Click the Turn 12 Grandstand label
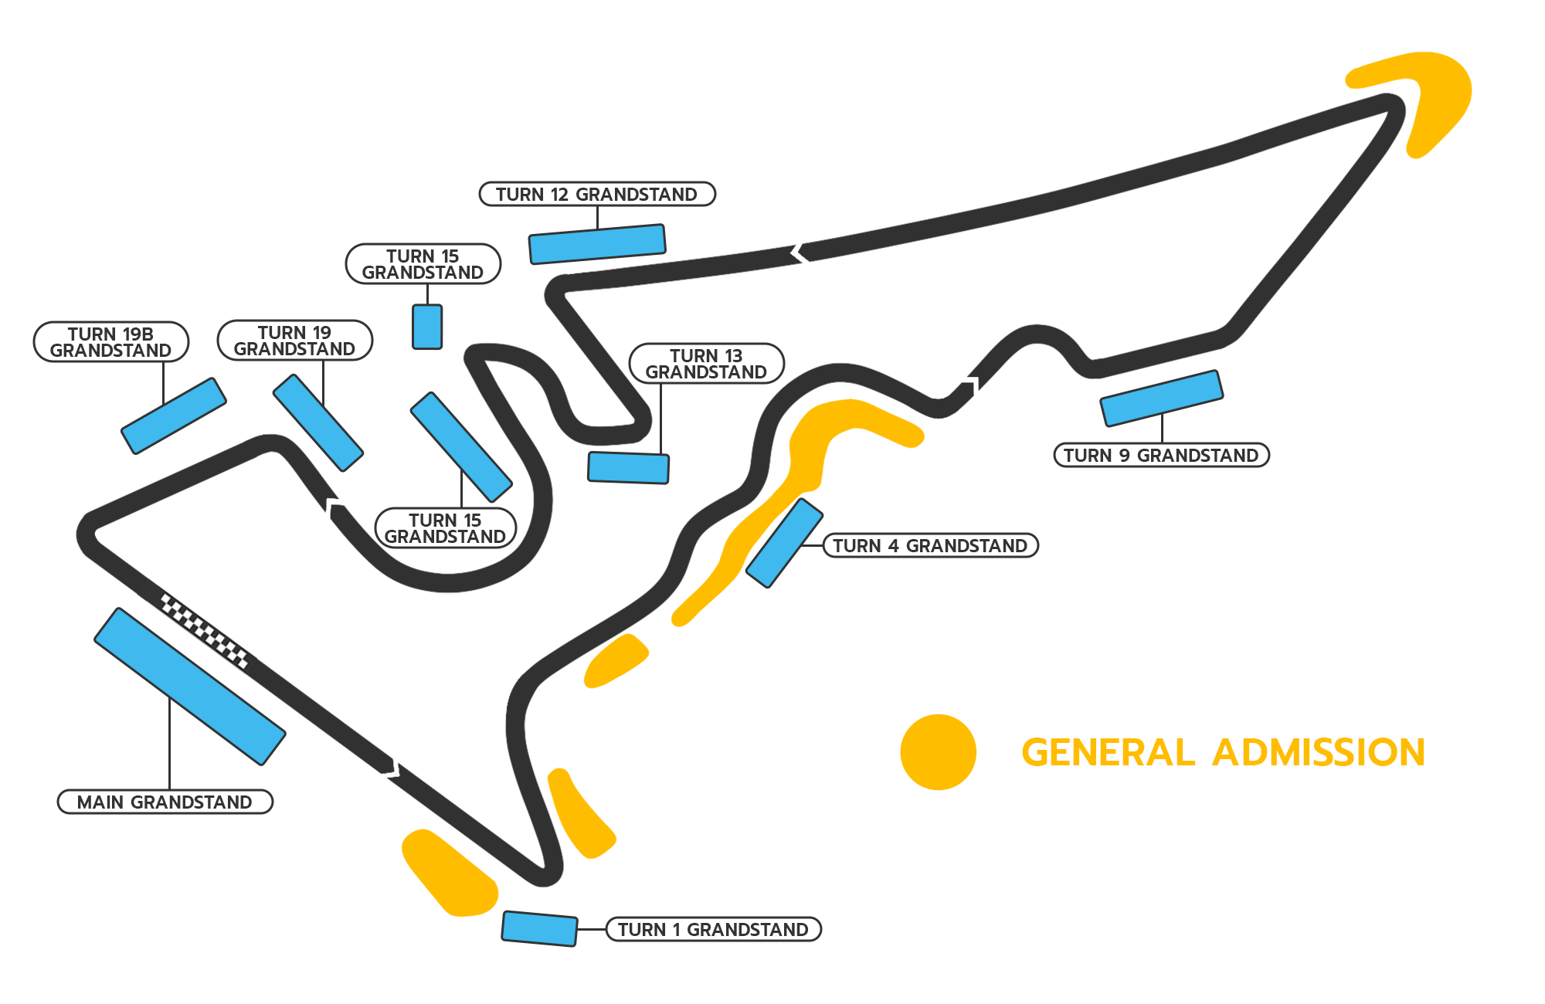click(597, 194)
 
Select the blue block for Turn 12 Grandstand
click(597, 244)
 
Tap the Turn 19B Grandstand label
click(111, 342)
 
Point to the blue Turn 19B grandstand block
click(174, 416)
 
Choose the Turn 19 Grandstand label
click(295, 341)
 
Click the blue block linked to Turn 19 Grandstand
click(317, 422)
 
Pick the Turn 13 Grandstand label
click(707, 364)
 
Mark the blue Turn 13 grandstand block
click(628, 468)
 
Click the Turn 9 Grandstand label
click(1161, 455)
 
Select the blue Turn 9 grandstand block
click(1161, 399)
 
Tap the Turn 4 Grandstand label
click(930, 545)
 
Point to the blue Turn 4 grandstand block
click(784, 543)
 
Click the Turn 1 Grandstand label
click(713, 929)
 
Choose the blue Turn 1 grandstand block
click(539, 928)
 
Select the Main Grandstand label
click(165, 802)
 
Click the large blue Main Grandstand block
click(189, 687)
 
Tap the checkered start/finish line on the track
click(205, 631)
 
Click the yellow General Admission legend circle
click(938, 752)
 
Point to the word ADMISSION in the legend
click(1318, 753)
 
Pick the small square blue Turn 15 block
click(427, 327)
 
